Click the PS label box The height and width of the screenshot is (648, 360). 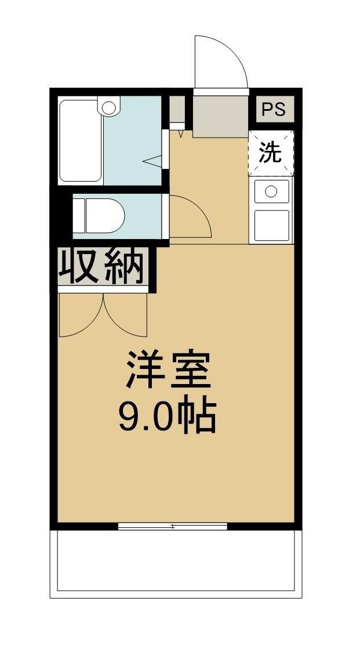(x=275, y=110)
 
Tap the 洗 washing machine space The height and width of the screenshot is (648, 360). (x=270, y=153)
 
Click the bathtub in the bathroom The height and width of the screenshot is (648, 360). (x=81, y=141)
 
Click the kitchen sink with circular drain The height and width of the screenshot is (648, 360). (x=271, y=191)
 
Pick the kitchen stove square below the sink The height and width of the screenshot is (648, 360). (x=271, y=226)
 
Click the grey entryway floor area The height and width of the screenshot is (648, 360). (x=220, y=116)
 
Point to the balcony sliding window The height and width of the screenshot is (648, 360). (x=172, y=526)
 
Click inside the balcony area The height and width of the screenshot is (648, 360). (x=177, y=560)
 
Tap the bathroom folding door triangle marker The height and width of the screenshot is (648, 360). (x=152, y=161)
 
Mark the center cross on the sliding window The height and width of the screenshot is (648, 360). (x=172, y=526)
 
